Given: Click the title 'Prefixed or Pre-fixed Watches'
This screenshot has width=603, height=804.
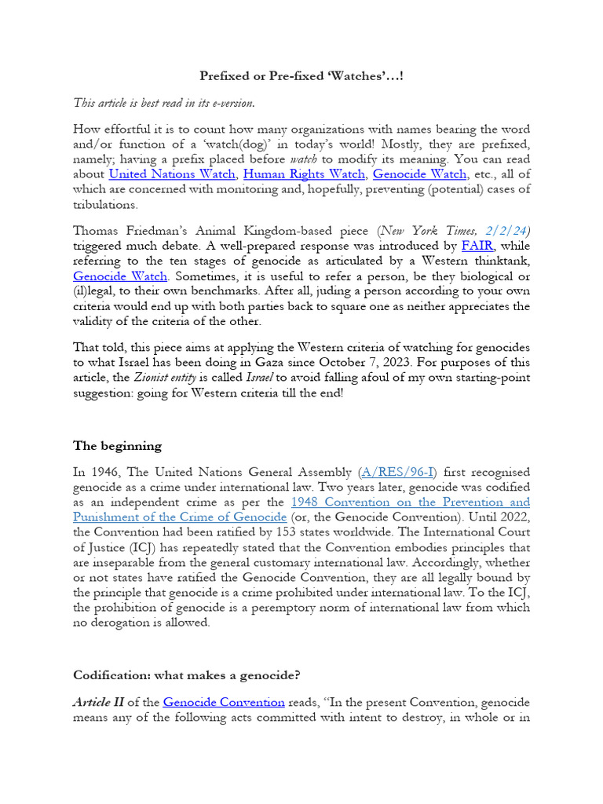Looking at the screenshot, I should coord(301,76).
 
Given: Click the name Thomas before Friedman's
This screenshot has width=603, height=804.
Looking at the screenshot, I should coord(97,231).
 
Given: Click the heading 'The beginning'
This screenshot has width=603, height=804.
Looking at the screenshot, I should coord(117,446).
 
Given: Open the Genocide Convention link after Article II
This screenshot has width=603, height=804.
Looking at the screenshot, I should coord(224,702).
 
